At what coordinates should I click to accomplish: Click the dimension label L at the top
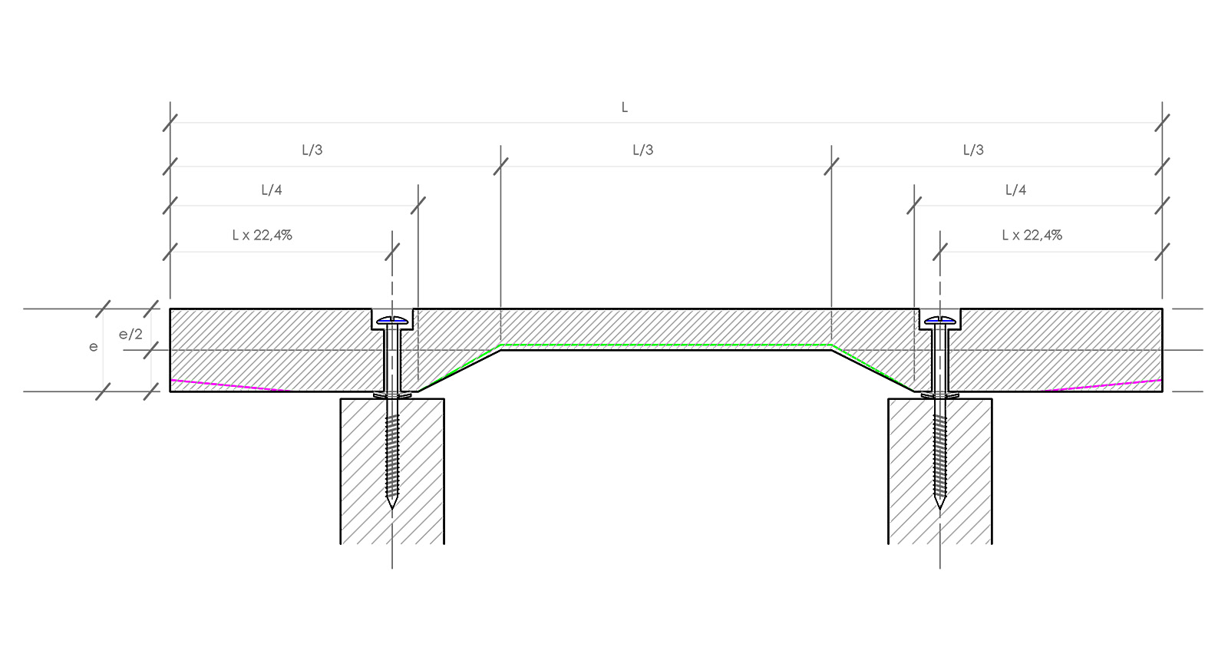[624, 107]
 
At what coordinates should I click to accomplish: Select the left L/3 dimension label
[312, 150]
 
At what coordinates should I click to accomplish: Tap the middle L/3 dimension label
[642, 150]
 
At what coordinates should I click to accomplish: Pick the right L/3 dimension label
[973, 150]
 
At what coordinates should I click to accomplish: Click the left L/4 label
[272, 190]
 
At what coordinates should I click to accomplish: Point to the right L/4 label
[1015, 190]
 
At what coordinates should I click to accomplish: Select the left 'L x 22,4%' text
[262, 236]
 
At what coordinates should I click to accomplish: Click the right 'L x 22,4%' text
[1032, 236]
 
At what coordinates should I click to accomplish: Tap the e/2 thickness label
[130, 335]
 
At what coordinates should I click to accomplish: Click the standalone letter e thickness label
[94, 347]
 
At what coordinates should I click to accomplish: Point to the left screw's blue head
[392, 319]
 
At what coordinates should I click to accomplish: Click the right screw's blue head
[940, 319]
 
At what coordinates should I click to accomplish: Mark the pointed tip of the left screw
[392, 506]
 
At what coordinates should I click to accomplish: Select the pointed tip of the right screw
[940, 506]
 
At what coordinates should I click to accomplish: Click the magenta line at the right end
[1105, 385]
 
